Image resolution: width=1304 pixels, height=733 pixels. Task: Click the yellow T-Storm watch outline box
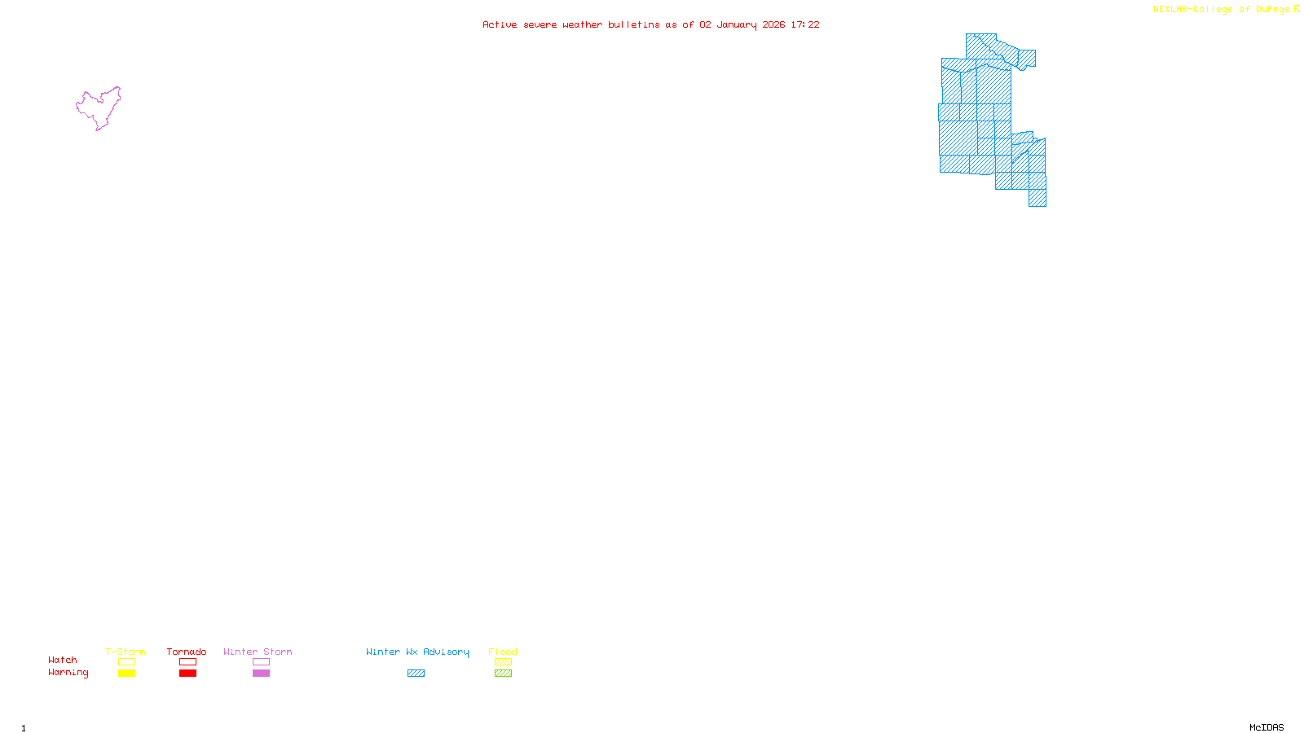126,662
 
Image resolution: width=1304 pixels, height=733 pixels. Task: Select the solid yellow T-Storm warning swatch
126,674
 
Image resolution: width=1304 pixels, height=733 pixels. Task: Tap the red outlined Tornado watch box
187,662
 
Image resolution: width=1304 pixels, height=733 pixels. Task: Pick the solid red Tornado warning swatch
187,674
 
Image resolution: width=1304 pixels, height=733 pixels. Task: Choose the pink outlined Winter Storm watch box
261,662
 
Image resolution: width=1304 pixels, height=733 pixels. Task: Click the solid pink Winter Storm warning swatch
261,674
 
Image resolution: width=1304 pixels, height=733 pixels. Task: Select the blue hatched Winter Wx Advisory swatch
416,674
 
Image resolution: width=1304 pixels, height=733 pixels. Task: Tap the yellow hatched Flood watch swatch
503,662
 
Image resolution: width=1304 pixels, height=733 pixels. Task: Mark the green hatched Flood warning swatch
503,674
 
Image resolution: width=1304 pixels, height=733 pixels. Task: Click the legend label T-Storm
126,652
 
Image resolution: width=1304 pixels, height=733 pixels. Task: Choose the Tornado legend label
187,652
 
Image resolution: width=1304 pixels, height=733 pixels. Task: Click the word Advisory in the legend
446,652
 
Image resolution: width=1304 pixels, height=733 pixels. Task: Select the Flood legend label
503,652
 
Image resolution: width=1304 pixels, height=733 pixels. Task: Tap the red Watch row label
63,660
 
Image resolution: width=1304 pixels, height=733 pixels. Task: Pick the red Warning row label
68,673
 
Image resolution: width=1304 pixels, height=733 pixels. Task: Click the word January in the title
737,24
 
